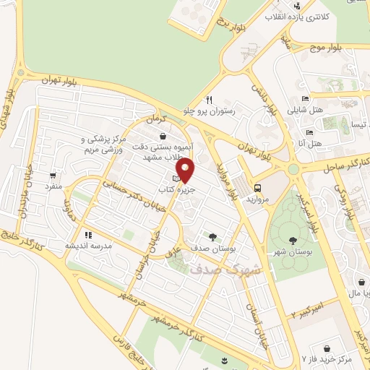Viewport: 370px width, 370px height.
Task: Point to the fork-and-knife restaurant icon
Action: click(209, 100)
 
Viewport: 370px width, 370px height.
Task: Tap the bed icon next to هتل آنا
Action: click(309, 133)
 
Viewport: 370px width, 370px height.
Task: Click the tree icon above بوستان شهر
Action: click(292, 241)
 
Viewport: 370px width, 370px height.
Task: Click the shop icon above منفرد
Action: click(53, 176)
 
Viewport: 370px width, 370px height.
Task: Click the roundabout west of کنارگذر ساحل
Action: click(293, 170)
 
